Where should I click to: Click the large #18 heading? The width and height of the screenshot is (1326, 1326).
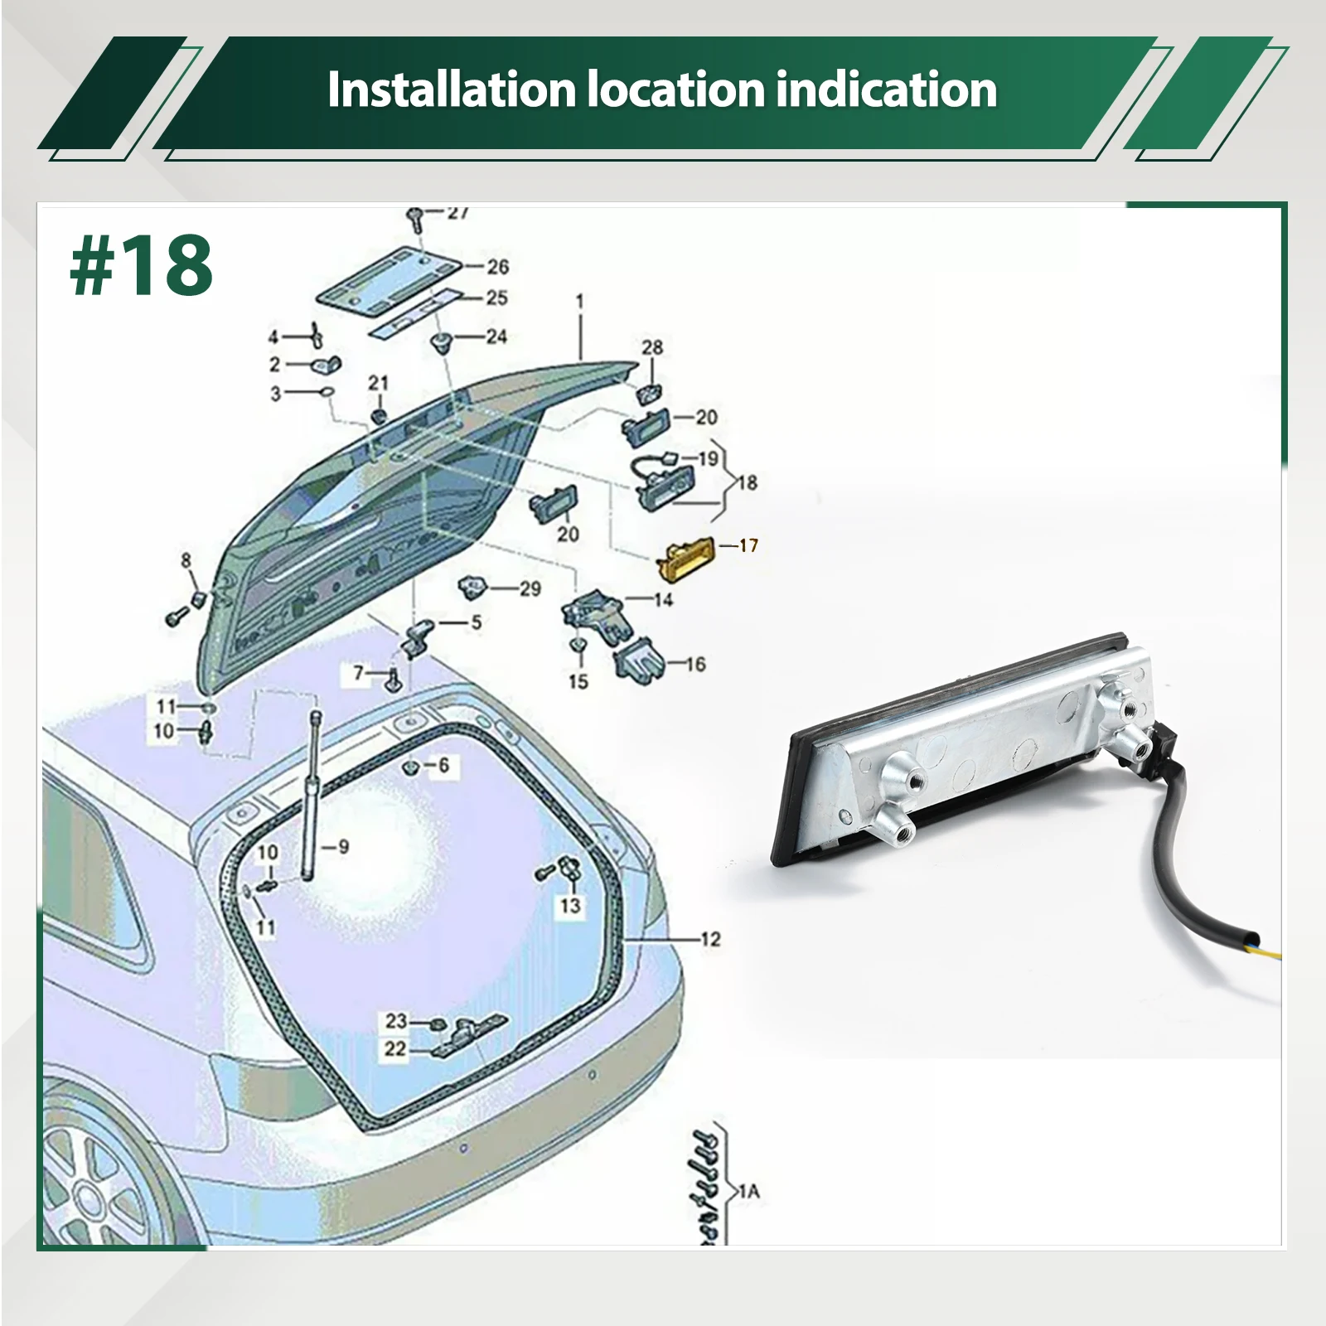tap(142, 266)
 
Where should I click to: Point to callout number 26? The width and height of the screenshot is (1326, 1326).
tap(497, 267)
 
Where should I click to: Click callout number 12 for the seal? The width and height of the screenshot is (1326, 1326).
tap(710, 939)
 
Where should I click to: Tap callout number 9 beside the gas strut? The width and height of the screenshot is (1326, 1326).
tap(343, 846)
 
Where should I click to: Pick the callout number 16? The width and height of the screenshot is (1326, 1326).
tap(695, 664)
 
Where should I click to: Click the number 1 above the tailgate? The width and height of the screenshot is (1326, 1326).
tap(579, 301)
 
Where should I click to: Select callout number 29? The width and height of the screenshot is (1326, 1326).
tap(530, 589)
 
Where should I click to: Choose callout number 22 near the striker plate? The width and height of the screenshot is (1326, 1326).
tap(396, 1049)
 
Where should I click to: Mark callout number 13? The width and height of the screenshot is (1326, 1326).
tap(570, 905)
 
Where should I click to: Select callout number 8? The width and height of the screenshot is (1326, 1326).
tap(186, 560)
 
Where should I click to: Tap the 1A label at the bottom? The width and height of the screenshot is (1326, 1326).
tap(748, 1192)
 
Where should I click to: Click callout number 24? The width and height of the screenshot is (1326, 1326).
tap(496, 336)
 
